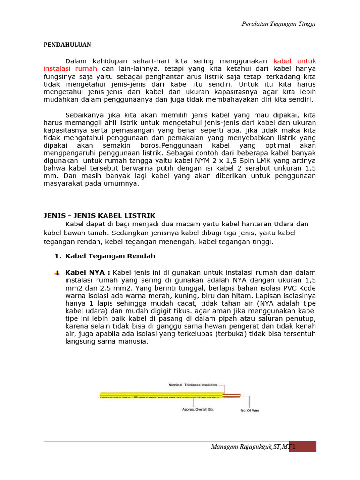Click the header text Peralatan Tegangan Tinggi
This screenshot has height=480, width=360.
278,24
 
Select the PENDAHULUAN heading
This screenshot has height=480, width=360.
67,45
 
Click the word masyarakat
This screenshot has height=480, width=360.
65,183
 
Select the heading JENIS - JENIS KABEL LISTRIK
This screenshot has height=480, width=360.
99,216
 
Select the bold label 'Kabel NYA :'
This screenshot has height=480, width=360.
88,272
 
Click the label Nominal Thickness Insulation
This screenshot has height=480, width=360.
196,385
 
